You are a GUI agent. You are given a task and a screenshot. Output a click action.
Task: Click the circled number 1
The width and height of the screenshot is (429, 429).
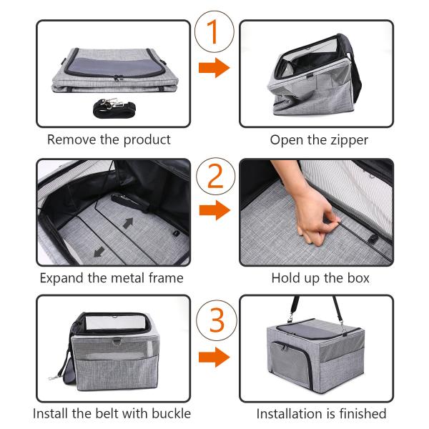pos(214,31)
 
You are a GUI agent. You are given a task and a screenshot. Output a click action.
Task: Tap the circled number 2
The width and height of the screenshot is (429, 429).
pos(216,176)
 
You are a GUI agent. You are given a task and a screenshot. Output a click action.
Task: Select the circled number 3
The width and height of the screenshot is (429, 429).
pos(217,320)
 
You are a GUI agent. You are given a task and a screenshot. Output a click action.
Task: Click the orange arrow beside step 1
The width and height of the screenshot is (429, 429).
pos(214,68)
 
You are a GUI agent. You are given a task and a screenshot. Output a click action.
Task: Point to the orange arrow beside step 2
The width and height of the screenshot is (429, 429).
pos(214,210)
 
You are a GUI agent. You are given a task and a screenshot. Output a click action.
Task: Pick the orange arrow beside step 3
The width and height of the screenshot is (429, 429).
pos(214,357)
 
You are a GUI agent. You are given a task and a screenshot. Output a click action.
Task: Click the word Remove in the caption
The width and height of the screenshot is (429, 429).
pos(71,139)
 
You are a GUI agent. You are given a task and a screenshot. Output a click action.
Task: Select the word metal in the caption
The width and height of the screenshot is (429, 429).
pos(128,278)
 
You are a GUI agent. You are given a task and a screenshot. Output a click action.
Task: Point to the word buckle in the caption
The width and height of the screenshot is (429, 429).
pos(172,413)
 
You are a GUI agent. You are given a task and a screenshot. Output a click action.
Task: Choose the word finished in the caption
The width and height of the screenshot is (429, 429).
pos(363,414)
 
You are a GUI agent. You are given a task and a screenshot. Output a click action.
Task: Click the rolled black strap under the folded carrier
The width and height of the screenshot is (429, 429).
pos(114,108)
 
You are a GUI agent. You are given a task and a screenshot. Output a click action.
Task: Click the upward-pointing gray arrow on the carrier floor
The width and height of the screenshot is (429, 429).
pos(128,222)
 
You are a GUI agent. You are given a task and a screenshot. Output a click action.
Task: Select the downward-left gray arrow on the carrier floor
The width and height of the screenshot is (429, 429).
pos(99,252)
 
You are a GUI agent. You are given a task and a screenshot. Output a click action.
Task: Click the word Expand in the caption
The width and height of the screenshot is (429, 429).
pos(62,279)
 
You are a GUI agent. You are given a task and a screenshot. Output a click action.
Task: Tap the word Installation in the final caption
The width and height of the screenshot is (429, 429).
pos(295,414)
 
